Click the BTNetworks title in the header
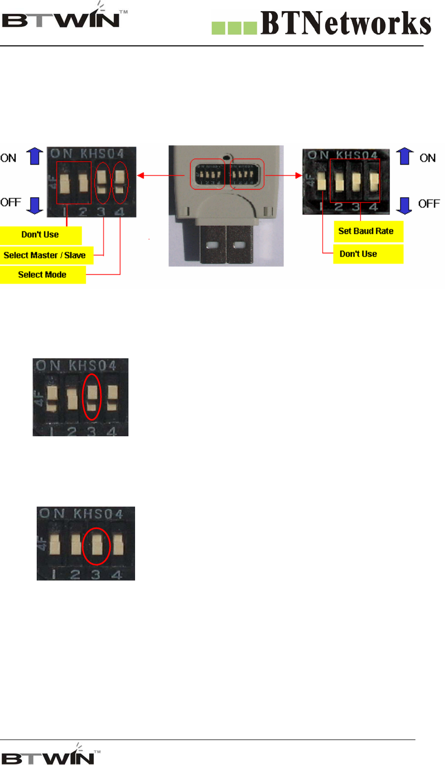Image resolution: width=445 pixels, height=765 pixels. [345, 23]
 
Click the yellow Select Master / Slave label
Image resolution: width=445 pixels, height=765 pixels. [45, 255]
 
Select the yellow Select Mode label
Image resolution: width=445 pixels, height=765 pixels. [42, 275]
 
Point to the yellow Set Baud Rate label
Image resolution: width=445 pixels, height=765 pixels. [367, 231]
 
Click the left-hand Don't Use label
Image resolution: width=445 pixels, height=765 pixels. [40, 234]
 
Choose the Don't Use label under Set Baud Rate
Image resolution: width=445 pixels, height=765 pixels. [358, 254]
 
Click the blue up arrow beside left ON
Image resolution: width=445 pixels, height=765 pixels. [35, 156]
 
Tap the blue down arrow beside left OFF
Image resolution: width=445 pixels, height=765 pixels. [35, 205]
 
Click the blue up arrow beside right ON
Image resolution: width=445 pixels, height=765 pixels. [405, 156]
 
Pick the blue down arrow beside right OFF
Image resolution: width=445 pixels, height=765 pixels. [404, 205]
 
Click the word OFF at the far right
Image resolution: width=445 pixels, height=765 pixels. [429, 204]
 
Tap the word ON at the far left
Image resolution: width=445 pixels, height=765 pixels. [9, 158]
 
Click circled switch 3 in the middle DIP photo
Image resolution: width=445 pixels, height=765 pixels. [92, 397]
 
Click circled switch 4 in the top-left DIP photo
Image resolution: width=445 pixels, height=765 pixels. [120, 182]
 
